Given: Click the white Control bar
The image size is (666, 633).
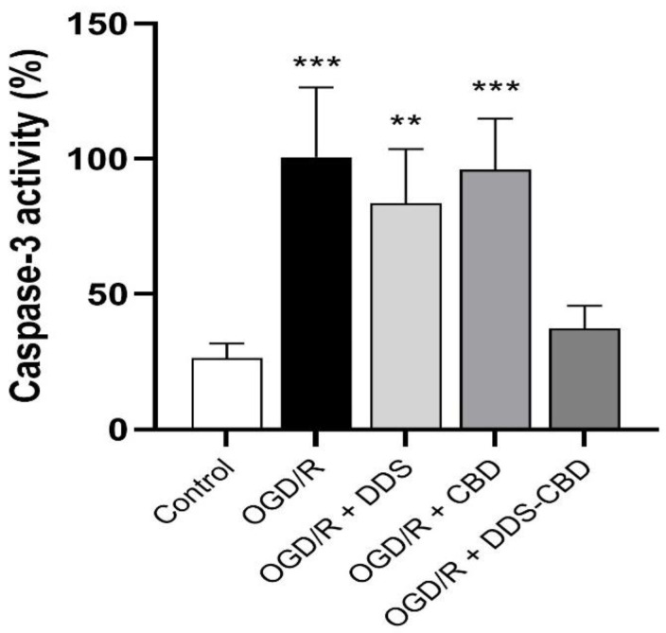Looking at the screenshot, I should click(226, 394).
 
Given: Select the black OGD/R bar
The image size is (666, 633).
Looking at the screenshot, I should click(316, 293).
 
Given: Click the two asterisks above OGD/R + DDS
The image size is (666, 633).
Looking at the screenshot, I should click(405, 123).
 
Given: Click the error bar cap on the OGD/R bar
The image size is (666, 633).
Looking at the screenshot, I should click(316, 87).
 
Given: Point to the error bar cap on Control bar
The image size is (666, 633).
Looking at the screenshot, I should click(226, 343).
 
